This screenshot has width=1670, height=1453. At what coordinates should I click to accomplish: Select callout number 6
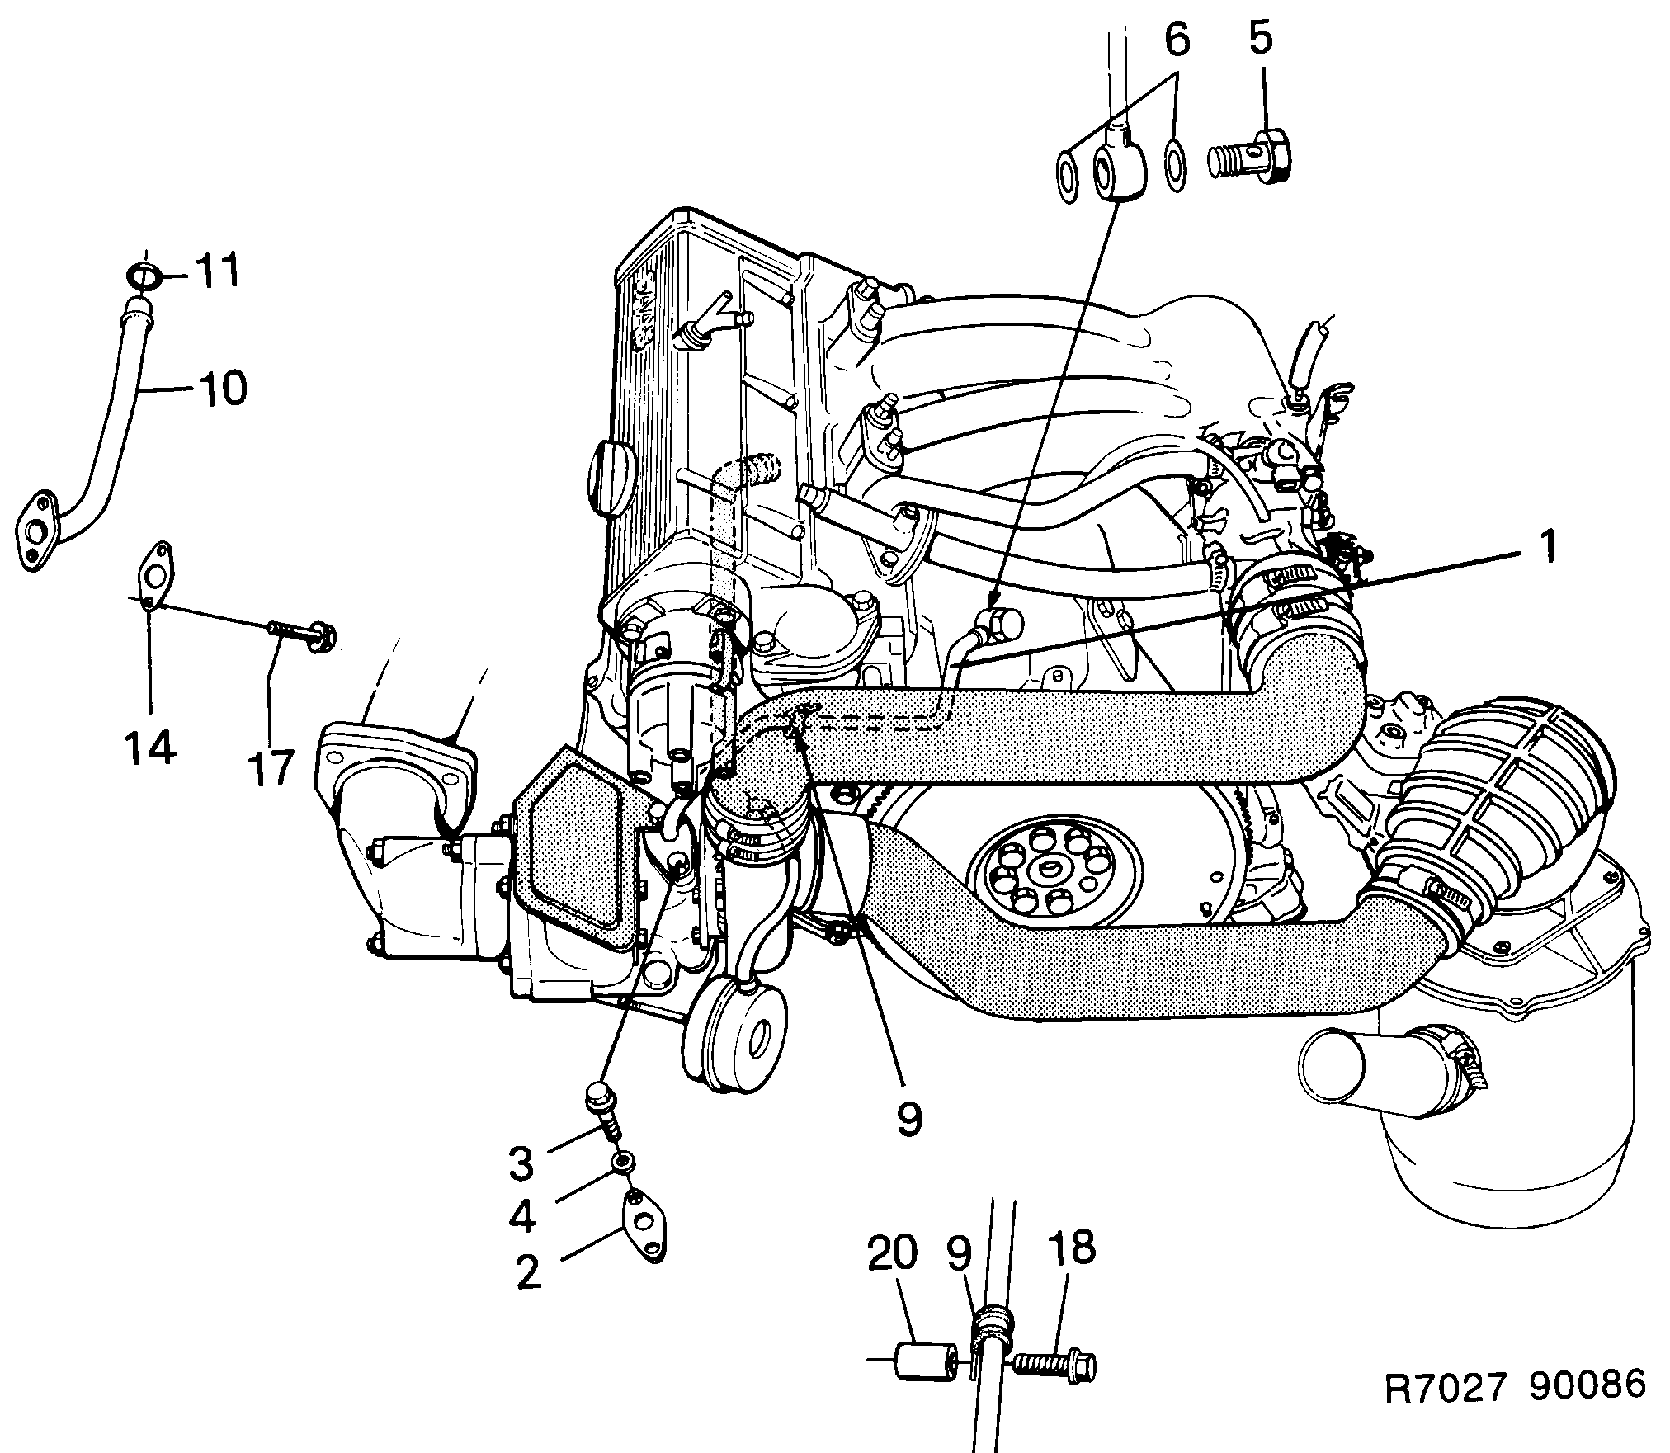click(x=1177, y=40)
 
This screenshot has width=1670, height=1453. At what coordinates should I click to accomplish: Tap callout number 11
click(x=216, y=271)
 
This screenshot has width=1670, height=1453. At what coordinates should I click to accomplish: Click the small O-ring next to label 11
click(x=144, y=276)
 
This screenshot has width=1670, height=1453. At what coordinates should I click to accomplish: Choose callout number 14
click(x=150, y=748)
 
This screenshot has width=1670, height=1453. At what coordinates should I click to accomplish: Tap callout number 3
click(x=521, y=1163)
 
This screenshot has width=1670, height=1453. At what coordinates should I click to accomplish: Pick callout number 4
click(x=521, y=1216)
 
